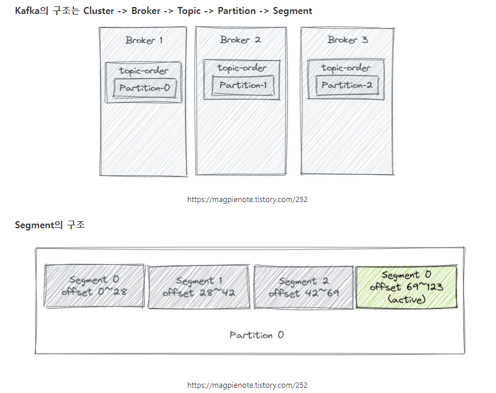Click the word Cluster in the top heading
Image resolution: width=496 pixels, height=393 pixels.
pos(99,10)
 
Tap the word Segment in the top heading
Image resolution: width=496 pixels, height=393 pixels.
pos(292,10)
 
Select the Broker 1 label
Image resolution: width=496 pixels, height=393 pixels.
pos(144,40)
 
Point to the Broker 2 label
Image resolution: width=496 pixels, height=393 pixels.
pos(240,40)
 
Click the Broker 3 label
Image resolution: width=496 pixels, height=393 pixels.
pos(348,40)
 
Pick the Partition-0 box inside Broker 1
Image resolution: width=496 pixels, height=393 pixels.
pos(145,88)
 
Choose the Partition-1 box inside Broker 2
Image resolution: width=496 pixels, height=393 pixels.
pos(242,85)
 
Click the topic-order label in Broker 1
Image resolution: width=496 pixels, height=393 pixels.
pos(144,71)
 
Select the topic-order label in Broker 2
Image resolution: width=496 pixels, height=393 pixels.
pos(242,68)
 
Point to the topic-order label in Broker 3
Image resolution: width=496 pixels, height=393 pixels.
pos(346,68)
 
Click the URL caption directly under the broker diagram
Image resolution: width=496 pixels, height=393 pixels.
pos(247,199)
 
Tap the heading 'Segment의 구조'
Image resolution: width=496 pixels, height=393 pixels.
pos(49,225)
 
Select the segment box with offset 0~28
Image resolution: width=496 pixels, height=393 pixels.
pos(94,286)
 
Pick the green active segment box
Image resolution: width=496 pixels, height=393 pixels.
pos(406,287)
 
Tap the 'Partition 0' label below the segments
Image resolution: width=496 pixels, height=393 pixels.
pos(256,335)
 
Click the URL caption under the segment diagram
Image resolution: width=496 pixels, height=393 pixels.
pos(247,385)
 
